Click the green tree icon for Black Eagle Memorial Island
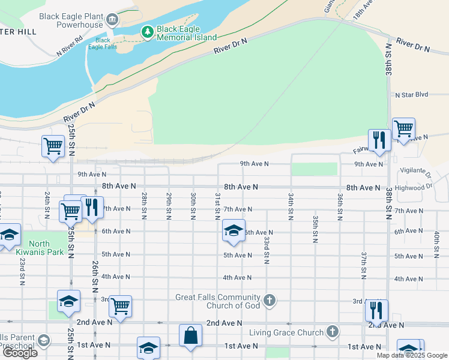147,31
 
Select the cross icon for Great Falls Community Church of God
270,300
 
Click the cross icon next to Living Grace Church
333,332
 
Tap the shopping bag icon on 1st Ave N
190,335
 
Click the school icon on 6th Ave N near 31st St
234,230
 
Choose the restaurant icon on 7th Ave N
92,208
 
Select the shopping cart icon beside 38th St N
403,129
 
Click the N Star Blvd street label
411,95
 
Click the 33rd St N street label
266,250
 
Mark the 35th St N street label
315,229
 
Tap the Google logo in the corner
20,353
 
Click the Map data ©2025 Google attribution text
411,355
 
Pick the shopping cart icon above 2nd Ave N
120,305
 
